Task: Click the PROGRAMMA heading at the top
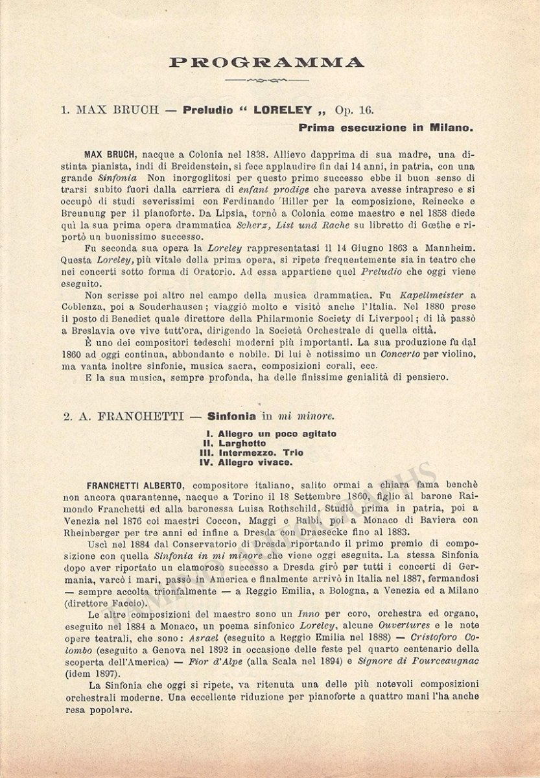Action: [x=266, y=63]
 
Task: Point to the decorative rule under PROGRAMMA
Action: [x=266, y=80]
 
